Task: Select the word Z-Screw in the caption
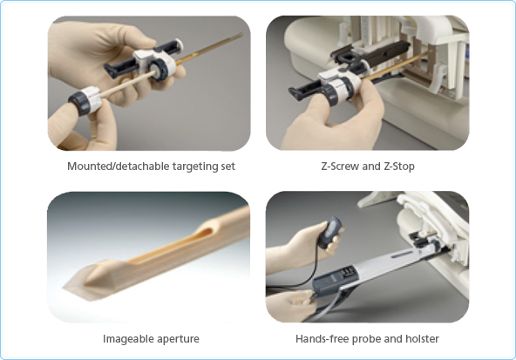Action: point(340,166)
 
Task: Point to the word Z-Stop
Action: point(399,166)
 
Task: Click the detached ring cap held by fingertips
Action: point(84,101)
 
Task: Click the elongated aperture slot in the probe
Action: point(171,246)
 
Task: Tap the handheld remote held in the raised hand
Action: point(330,232)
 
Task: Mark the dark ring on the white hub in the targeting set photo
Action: point(158,70)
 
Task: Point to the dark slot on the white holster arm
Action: point(402,254)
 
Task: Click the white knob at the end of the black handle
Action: point(178,44)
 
